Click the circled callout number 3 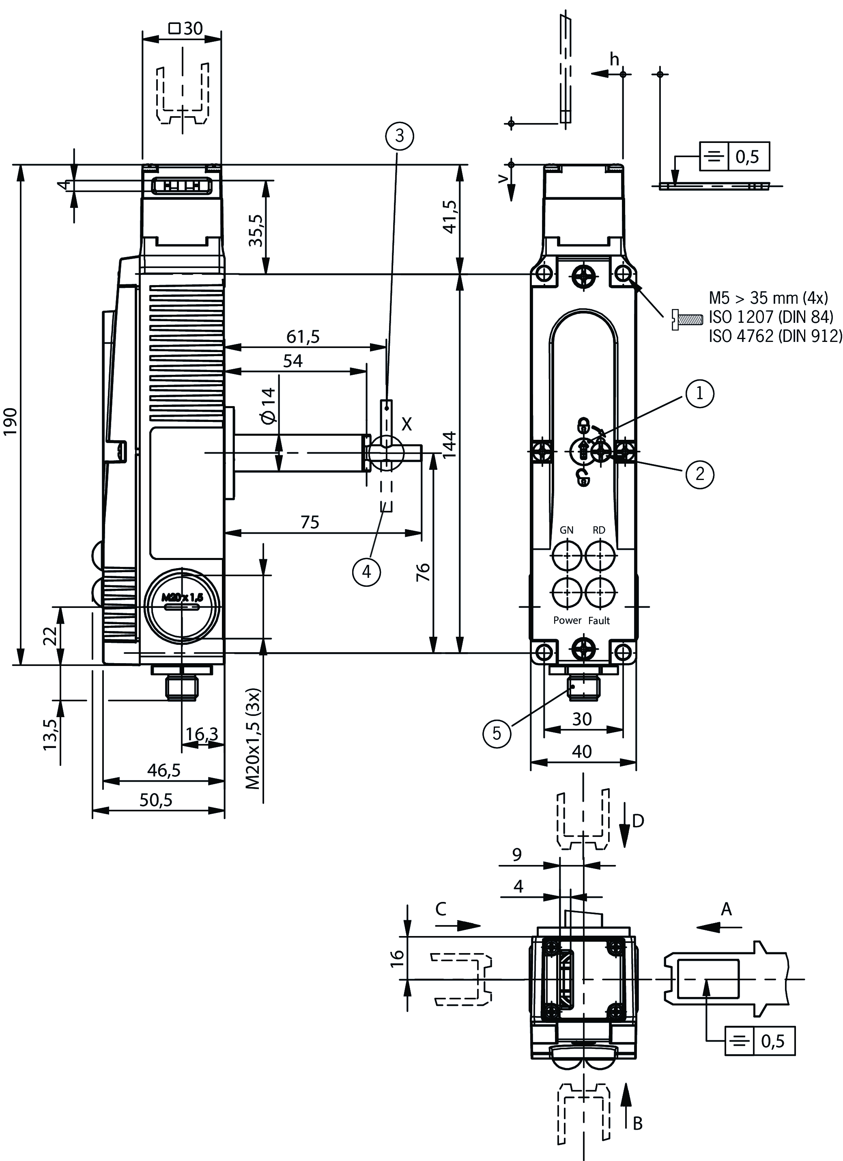pos(399,136)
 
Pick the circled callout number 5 pos(497,733)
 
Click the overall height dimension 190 pos(11,421)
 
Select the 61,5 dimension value pos(303,336)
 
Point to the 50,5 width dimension pos(156,800)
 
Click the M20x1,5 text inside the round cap pos(182,597)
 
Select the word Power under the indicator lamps pos(567,620)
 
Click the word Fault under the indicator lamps pos(599,621)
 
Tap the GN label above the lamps pos(566,530)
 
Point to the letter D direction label pos(638,821)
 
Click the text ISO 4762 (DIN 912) pos(775,336)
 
